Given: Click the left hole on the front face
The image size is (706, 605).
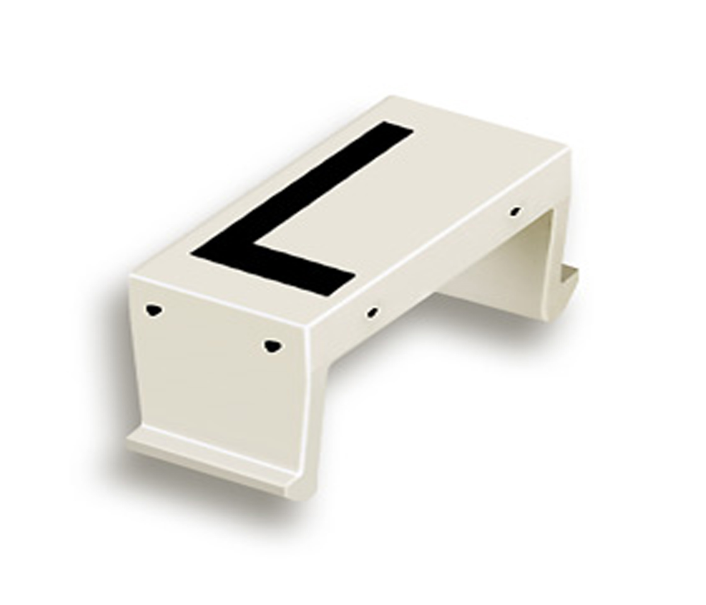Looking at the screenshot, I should pos(154,309).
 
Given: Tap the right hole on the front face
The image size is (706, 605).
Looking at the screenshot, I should pos(271,345).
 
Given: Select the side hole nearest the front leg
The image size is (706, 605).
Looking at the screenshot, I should pos(373,312).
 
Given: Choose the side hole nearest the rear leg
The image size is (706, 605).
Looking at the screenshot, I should pos(515,211).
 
